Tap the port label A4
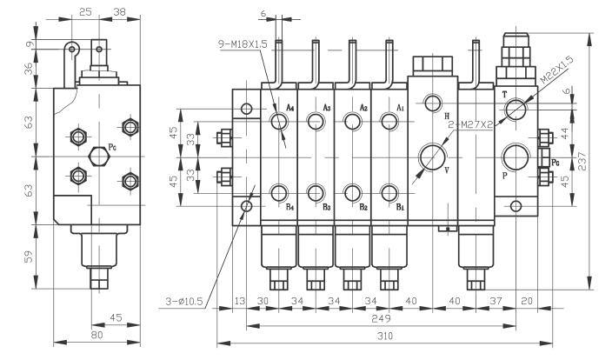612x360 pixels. click(290, 107)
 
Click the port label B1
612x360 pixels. click(401, 207)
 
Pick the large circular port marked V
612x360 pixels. click(431, 157)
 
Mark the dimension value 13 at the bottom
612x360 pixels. click(240, 302)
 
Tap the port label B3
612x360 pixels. click(327, 207)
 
